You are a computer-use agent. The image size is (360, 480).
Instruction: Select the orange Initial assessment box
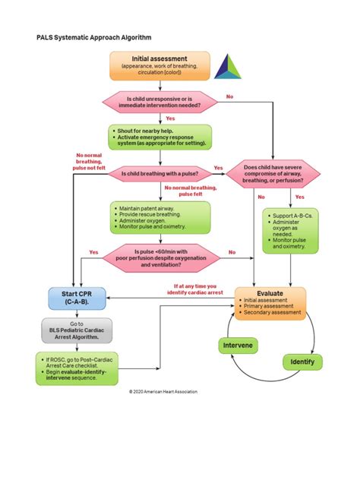pos(159,65)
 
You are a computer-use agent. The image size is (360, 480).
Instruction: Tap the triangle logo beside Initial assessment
pos(227,67)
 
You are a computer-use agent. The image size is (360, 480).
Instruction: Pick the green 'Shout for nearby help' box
pos(159,137)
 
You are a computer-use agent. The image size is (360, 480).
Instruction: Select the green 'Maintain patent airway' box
pos(159,217)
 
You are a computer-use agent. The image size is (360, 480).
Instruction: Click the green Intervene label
pos(238,346)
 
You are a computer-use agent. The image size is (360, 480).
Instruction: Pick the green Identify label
pos(302,362)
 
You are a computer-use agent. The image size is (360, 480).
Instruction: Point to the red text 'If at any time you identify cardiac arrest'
pos(199,289)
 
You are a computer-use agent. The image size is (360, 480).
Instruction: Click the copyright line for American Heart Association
pos(163,392)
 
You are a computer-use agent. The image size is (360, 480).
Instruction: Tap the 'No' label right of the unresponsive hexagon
pos(229,96)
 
